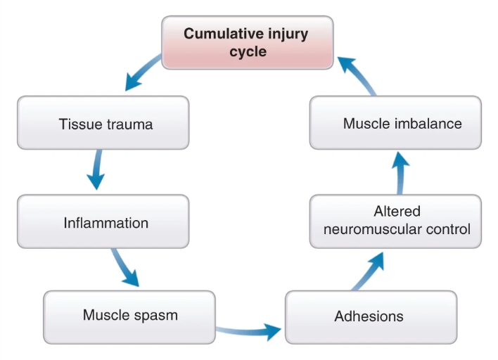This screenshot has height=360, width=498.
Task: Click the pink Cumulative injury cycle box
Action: (x=248, y=43)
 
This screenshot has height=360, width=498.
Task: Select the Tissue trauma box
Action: (x=103, y=122)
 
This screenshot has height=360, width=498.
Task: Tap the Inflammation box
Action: (x=103, y=221)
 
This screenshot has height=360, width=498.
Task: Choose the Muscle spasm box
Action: (x=129, y=317)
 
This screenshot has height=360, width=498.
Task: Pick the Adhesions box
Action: (x=371, y=317)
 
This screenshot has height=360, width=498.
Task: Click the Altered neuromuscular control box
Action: (x=395, y=221)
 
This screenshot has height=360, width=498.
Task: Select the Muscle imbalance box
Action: (x=395, y=122)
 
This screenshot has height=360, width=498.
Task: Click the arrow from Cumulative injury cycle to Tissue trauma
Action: (x=141, y=74)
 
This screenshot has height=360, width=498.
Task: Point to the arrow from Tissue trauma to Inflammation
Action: (x=96, y=169)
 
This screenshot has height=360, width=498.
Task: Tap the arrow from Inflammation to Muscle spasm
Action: (x=124, y=266)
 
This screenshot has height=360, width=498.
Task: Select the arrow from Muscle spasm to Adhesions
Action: (x=248, y=332)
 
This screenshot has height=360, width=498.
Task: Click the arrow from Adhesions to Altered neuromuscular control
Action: (x=369, y=271)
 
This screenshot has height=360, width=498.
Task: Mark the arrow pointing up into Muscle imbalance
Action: (x=400, y=173)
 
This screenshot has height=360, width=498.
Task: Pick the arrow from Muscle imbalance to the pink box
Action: (x=357, y=75)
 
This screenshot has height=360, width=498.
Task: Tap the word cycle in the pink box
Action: (x=248, y=52)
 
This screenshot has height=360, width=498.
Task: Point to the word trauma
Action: (x=129, y=124)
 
